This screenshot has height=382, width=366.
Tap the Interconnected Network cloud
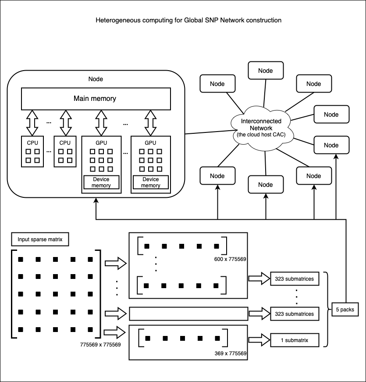(261, 128)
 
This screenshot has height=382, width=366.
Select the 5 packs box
(345, 309)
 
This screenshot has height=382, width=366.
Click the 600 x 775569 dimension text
(230, 259)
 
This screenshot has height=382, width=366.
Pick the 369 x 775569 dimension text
(230, 353)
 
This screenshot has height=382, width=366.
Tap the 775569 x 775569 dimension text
(100, 345)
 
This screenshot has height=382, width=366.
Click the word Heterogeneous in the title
(117, 20)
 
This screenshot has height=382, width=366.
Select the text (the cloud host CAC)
(261, 135)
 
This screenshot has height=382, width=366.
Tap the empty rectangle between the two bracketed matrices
(188, 314)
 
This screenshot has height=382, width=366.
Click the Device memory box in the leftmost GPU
(101, 182)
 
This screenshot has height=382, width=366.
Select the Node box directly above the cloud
(265, 71)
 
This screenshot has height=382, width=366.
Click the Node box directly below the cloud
(265, 185)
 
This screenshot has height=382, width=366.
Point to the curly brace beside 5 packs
(327, 309)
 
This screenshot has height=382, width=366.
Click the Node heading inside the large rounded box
(96, 79)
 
